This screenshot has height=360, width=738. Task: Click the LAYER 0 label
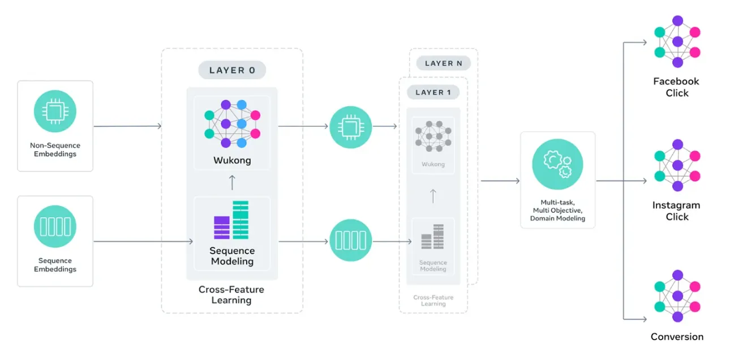click(x=232, y=70)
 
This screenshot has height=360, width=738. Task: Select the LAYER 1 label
click(x=433, y=92)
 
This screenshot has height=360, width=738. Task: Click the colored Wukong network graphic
click(x=232, y=123)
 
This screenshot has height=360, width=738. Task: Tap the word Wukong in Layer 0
click(x=232, y=160)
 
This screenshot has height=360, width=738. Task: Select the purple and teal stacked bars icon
click(x=231, y=220)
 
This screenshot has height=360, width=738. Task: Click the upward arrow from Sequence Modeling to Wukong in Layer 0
click(x=232, y=182)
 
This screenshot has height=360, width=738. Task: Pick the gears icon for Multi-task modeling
click(x=557, y=164)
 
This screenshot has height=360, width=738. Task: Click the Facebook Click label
click(x=676, y=87)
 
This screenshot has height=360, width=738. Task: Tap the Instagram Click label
click(x=676, y=211)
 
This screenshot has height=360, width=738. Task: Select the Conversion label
click(x=677, y=337)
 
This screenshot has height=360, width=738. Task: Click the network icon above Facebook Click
click(x=677, y=42)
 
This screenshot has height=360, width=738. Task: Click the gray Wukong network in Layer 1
click(x=433, y=136)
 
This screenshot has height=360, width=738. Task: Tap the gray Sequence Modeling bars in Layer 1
click(x=433, y=237)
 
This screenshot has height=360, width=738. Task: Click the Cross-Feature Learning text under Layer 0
click(x=231, y=294)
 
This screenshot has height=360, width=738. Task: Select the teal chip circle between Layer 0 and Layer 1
click(x=350, y=127)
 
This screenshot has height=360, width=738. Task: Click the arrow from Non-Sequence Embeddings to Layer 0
click(x=127, y=126)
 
